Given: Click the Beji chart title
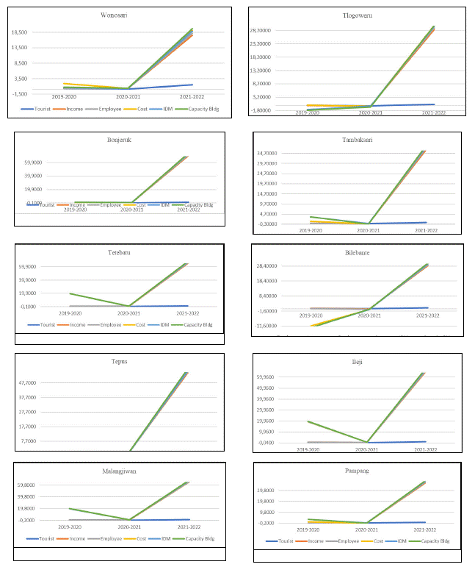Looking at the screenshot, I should [x=357, y=362].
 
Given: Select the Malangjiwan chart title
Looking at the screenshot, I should [x=120, y=471].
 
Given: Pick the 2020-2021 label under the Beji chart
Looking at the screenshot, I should [x=369, y=449].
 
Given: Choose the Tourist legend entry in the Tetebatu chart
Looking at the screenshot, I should [x=43, y=324].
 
